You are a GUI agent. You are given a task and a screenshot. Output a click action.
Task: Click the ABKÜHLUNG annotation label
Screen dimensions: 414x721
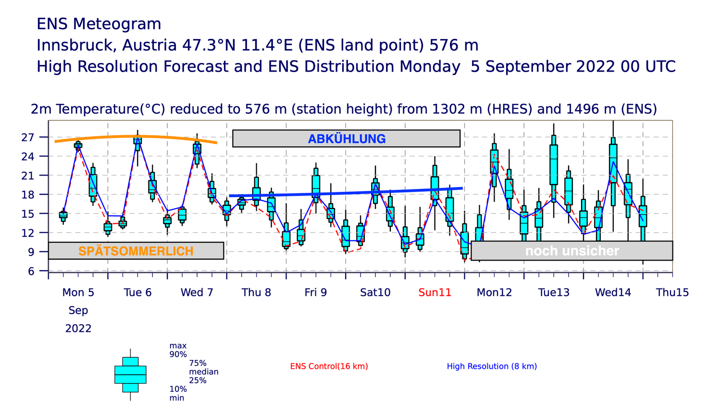347,139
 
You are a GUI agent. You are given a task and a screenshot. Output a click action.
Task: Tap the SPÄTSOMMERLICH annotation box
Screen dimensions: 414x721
136,251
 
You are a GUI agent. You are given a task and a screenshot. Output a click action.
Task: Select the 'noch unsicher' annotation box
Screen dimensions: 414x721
572,251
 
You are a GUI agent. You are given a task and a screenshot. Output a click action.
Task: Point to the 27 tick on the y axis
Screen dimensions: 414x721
28,138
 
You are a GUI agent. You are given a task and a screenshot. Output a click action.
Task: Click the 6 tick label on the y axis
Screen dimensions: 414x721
31,271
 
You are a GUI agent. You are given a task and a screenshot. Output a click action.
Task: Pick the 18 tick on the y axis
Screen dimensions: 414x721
28,195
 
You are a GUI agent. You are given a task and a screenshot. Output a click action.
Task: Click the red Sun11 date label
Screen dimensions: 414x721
435,292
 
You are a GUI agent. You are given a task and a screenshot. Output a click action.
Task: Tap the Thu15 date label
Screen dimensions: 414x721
672,292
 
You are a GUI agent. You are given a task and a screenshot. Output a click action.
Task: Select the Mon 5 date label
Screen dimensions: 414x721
78,292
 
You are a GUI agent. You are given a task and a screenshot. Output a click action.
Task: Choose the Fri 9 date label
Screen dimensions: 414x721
316,292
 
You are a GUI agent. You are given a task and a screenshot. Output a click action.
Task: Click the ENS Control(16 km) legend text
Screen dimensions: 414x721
329,366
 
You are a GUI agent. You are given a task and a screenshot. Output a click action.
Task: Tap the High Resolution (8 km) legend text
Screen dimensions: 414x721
492,366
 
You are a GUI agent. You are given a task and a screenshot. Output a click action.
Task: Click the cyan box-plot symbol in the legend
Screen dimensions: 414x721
130,375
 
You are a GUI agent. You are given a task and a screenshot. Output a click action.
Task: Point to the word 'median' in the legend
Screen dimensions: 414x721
204,372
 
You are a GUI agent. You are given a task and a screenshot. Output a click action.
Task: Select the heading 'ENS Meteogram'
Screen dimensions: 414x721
99,24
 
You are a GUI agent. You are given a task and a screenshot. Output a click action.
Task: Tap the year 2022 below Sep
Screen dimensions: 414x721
78,328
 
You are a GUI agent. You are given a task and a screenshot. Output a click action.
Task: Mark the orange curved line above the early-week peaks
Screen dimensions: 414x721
136,137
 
